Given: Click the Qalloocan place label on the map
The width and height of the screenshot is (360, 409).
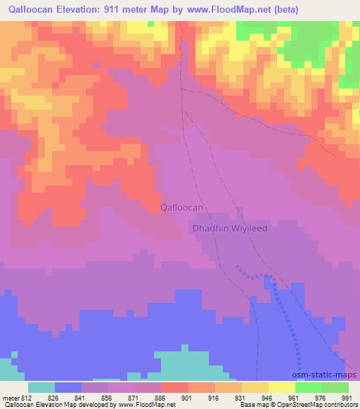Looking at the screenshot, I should tap(181, 207).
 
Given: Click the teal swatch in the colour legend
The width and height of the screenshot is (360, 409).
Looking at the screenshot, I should tap(41, 387).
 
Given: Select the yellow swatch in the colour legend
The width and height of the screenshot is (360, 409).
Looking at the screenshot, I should tap(281, 387).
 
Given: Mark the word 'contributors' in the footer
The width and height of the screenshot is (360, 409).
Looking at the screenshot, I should tap(337, 405).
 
